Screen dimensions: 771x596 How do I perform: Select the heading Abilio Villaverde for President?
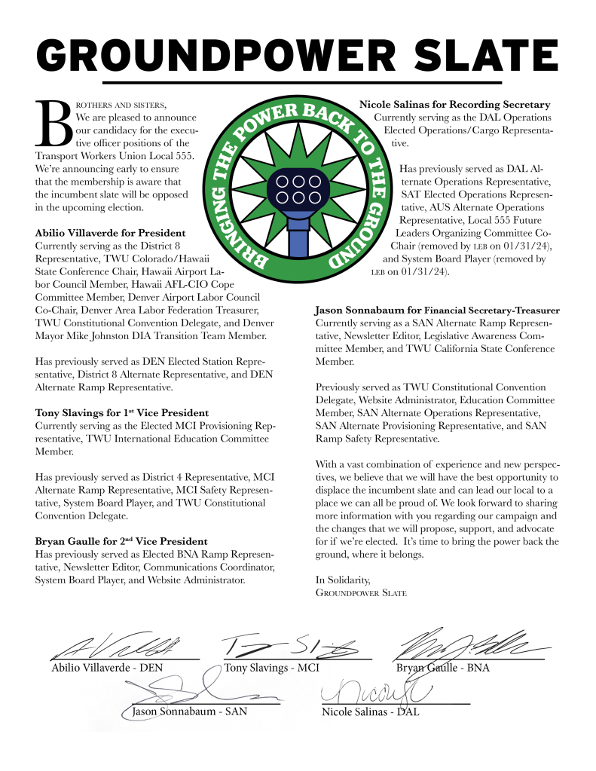point(111,233)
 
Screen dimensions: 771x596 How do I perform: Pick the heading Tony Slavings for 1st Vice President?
point(122,413)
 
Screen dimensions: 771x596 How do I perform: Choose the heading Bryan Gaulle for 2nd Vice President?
point(121,541)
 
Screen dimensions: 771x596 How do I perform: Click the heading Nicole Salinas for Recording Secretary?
point(454,104)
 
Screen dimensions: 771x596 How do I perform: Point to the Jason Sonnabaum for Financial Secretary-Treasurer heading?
point(436,310)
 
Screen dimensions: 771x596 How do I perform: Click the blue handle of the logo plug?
point(299,237)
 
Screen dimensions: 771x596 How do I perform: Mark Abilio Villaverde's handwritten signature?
point(121,646)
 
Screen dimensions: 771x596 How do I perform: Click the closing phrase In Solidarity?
point(343,580)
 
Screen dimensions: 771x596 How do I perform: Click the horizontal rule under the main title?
point(301,81)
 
